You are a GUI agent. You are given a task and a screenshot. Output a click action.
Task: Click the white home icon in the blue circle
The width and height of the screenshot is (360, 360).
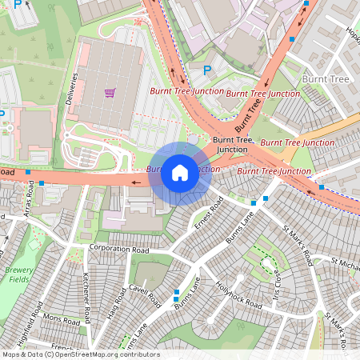coord(180,172)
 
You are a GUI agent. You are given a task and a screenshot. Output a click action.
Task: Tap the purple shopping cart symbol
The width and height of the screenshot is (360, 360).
coord(110,93)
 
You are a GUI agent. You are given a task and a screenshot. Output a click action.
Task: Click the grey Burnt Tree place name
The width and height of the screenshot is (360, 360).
coord(325,80)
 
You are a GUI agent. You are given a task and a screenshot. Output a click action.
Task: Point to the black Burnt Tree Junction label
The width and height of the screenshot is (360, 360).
coord(232,144)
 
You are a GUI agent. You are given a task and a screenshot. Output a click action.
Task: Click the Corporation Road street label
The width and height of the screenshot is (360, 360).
coord(119,250)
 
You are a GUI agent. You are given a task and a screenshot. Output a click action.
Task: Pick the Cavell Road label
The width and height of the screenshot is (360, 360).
coord(144,294)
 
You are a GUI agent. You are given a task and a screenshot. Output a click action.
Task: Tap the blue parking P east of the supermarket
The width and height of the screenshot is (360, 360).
coord(208,70)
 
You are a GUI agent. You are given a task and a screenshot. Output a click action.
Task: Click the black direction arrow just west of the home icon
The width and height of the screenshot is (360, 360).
coord(136,182)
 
